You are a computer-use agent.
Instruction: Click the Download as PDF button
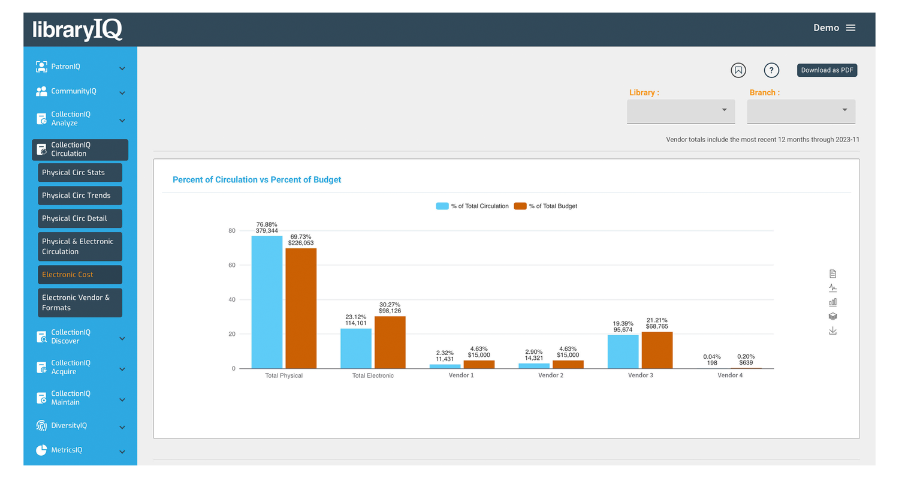click(x=827, y=70)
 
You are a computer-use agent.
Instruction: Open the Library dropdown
click(x=680, y=110)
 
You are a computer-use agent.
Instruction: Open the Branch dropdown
click(x=801, y=110)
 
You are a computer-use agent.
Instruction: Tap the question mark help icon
click(x=771, y=70)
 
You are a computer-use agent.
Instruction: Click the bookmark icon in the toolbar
click(x=738, y=70)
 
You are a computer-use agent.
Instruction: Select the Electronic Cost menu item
click(x=80, y=275)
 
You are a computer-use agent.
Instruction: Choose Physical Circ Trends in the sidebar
click(x=80, y=196)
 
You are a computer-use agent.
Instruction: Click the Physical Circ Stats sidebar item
click(x=80, y=173)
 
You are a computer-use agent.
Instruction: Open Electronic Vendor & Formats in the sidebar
click(x=80, y=302)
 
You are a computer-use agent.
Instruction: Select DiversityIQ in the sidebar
click(x=69, y=425)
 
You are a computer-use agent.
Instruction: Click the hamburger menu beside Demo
click(x=850, y=28)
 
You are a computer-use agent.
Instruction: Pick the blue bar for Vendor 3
click(x=623, y=351)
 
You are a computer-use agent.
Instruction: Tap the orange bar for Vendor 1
click(x=478, y=364)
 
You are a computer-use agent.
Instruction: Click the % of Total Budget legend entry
click(x=546, y=206)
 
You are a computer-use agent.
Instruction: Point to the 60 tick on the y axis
click(x=231, y=265)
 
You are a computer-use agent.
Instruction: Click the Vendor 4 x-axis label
click(x=730, y=375)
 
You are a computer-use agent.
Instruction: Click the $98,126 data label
click(x=390, y=311)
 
